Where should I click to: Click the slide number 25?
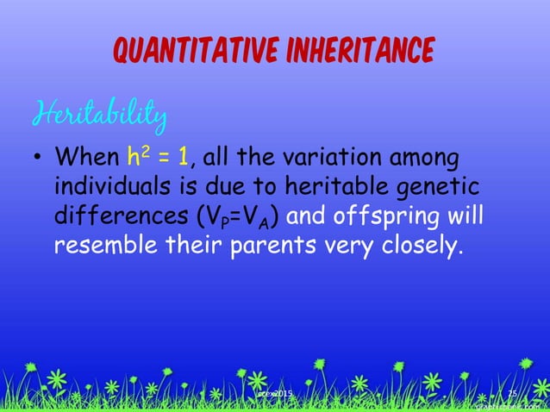coord(511,394)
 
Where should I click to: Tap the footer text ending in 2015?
coord(276,394)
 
